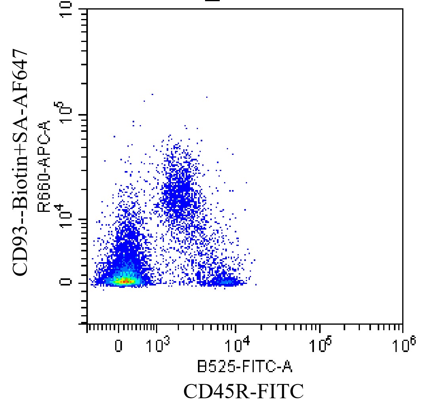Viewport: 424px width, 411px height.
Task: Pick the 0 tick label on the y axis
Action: click(x=68, y=282)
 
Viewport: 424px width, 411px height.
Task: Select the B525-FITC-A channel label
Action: click(x=244, y=368)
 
